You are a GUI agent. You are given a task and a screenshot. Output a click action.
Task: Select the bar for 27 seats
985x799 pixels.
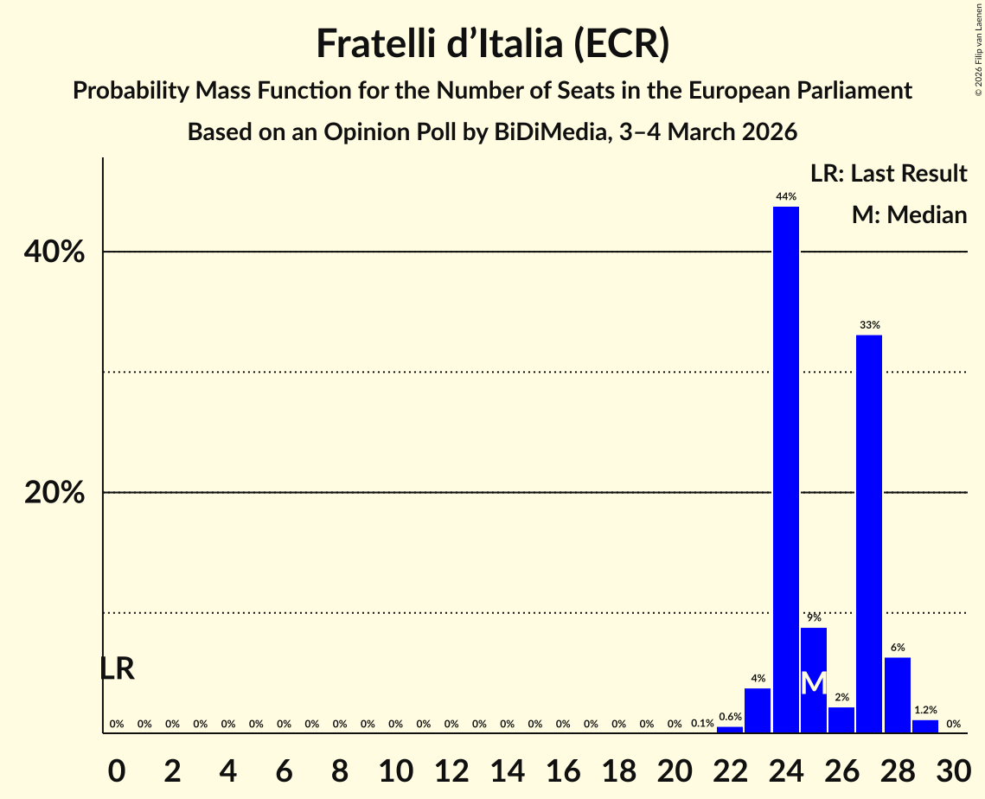[x=869, y=534]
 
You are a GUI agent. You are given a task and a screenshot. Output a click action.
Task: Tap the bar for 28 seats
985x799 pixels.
[x=897, y=695]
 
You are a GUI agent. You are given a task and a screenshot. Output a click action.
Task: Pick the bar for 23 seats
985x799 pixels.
[x=758, y=710]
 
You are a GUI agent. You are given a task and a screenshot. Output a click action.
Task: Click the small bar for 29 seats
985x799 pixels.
[x=924, y=726]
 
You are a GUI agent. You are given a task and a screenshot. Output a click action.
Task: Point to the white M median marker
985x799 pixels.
[x=813, y=683]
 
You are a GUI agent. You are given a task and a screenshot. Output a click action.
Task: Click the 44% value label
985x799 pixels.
[x=785, y=197]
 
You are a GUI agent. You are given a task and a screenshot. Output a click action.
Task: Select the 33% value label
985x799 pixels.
[x=869, y=325]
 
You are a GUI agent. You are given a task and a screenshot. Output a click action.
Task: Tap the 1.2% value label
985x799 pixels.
[x=924, y=710]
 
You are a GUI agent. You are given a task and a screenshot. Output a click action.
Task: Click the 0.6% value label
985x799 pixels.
[x=730, y=717]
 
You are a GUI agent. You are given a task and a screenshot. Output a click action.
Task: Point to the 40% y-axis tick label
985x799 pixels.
[x=54, y=252]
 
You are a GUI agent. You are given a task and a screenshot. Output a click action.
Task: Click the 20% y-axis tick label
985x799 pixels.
[x=54, y=493]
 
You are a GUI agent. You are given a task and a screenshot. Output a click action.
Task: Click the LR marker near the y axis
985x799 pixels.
[x=117, y=668]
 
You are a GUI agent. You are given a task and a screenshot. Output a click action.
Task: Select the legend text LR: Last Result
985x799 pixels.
[x=888, y=174]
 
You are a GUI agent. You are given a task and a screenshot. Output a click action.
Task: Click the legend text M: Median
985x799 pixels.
[x=909, y=215]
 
